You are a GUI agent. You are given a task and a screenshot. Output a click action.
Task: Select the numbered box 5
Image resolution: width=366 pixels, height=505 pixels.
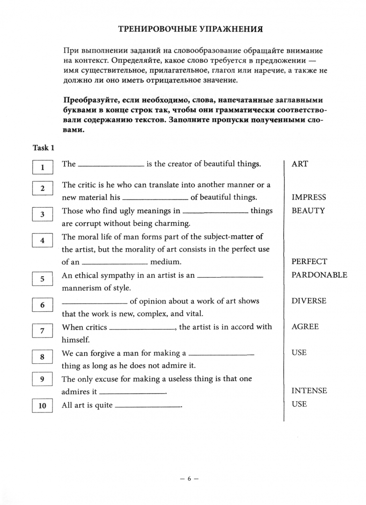[x=43, y=279]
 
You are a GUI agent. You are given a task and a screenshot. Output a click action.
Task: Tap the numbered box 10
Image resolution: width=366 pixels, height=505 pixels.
[x=43, y=405]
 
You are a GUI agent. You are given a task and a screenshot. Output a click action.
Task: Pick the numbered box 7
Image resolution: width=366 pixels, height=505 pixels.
[x=43, y=331]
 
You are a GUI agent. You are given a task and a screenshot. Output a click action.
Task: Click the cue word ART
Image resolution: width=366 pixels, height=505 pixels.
[x=300, y=164]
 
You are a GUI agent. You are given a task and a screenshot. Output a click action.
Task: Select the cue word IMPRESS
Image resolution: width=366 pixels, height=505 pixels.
[x=308, y=197]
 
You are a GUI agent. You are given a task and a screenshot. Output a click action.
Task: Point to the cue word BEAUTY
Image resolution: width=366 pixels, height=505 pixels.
[x=307, y=210]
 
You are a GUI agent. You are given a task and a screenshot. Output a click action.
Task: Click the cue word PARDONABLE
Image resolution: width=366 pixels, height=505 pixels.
[x=319, y=275]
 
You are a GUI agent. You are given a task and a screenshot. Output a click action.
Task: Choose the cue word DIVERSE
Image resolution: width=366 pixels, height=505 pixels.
[x=309, y=301]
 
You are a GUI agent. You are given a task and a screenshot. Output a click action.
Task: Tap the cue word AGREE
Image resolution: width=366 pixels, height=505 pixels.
[x=305, y=327]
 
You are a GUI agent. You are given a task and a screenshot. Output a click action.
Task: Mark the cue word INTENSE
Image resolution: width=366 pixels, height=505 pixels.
[x=309, y=391]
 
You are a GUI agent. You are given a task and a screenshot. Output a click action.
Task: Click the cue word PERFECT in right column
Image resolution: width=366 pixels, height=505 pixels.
[x=309, y=262]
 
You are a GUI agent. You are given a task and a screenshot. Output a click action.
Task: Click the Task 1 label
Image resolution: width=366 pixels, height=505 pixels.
[x=44, y=148]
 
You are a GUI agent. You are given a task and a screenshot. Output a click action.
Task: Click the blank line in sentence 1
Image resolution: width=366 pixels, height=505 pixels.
[x=111, y=166]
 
